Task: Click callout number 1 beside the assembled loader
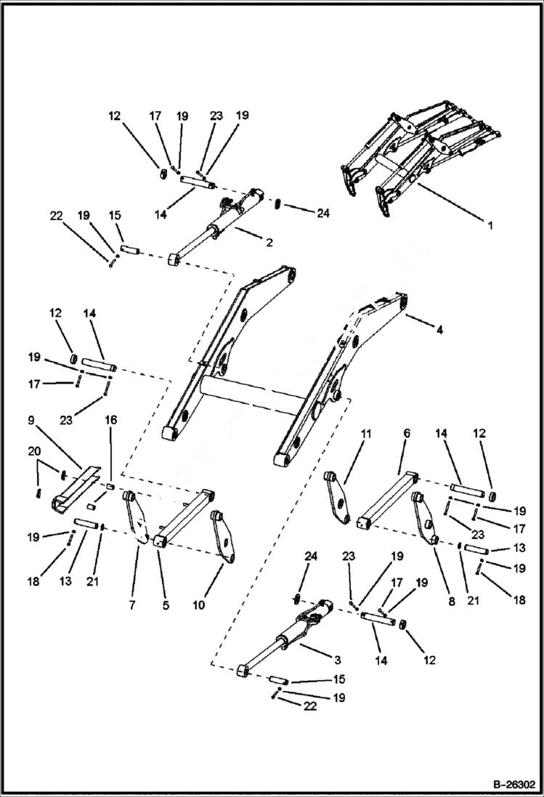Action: click(490, 225)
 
